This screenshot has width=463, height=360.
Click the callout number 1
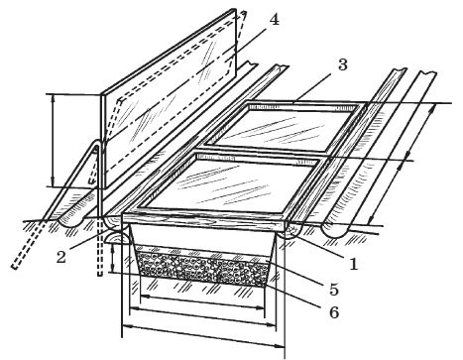tap(353, 264)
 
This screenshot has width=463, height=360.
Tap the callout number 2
tap(60, 256)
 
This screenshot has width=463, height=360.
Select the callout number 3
tap(343, 64)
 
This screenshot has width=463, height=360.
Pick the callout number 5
tap(334, 290)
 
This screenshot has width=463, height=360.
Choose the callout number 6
tap(334, 312)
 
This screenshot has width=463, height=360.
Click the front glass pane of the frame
tap(231, 186)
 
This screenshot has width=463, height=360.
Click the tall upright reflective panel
tap(169, 99)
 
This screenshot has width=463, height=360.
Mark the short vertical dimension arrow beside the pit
tap(113, 259)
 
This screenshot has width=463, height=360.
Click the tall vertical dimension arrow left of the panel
tap(53, 141)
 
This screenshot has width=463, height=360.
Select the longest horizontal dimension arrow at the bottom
tap(203, 335)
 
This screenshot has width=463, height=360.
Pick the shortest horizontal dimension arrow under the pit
tap(202, 301)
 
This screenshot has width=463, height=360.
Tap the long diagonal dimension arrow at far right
tap(402, 164)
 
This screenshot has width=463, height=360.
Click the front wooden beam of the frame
tap(205, 221)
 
